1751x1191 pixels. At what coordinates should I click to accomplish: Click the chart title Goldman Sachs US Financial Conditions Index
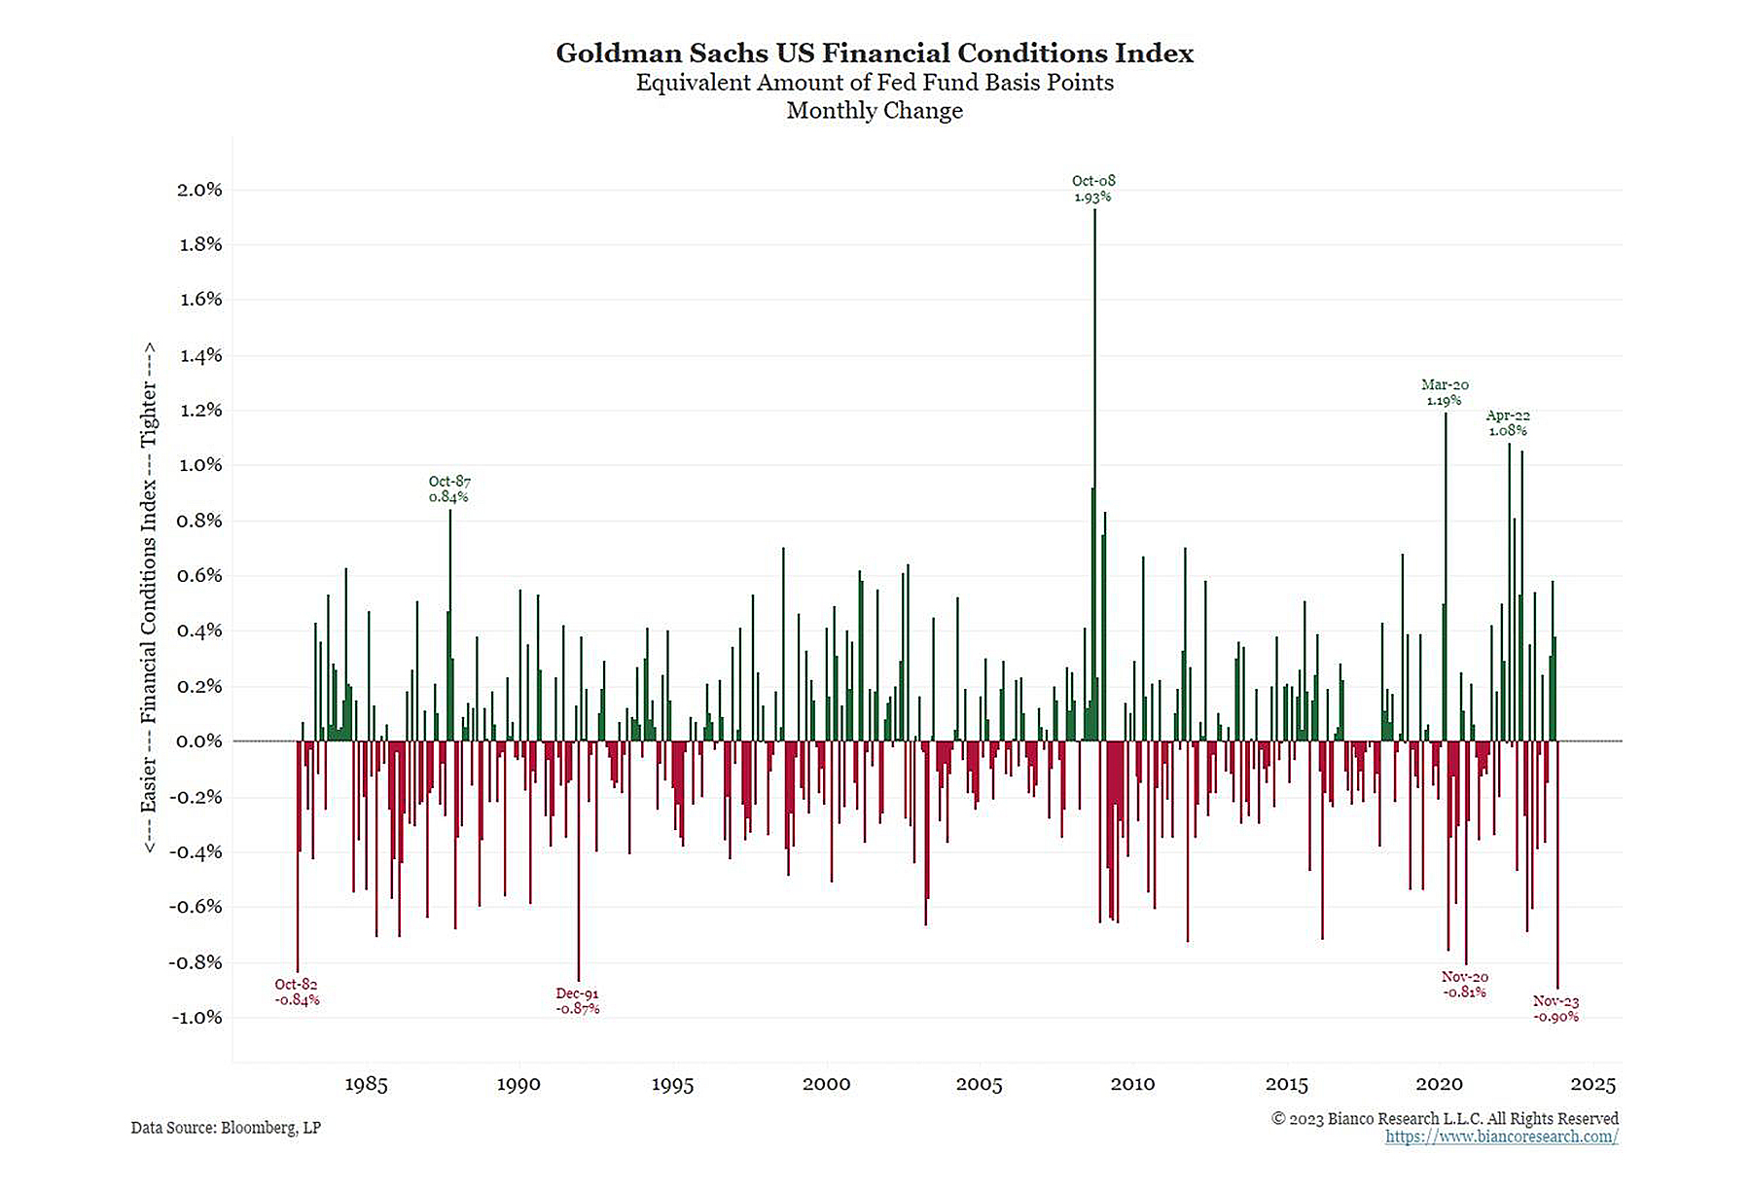point(875,53)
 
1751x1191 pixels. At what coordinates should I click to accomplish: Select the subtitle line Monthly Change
point(875,111)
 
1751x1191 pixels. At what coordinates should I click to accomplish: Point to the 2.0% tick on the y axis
point(199,190)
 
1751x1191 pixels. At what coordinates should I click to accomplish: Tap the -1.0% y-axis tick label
point(197,1018)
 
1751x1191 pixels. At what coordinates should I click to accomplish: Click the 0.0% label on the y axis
point(199,741)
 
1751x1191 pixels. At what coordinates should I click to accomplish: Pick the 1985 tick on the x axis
point(366,1085)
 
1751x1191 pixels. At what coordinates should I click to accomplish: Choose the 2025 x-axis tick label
point(1592,1085)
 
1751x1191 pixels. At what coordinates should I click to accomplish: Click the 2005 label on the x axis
point(979,1085)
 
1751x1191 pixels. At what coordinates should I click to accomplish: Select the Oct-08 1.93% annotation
point(1093,189)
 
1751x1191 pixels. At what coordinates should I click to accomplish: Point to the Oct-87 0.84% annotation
point(449,488)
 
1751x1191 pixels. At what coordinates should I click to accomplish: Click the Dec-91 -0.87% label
point(578,1001)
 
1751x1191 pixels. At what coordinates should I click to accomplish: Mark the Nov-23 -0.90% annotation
point(1555,1009)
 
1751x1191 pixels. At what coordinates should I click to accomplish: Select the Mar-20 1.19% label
point(1445,392)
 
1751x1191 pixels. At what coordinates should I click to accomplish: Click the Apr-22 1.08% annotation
point(1508,422)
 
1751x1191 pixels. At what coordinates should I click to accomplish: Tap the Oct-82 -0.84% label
point(297,992)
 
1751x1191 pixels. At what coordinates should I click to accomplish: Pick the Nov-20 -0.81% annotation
point(1464,984)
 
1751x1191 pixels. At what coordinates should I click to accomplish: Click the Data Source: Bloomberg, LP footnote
point(226,1128)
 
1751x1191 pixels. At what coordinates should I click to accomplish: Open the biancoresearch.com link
point(1501,1137)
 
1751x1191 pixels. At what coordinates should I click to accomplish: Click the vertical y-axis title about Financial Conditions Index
point(149,597)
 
